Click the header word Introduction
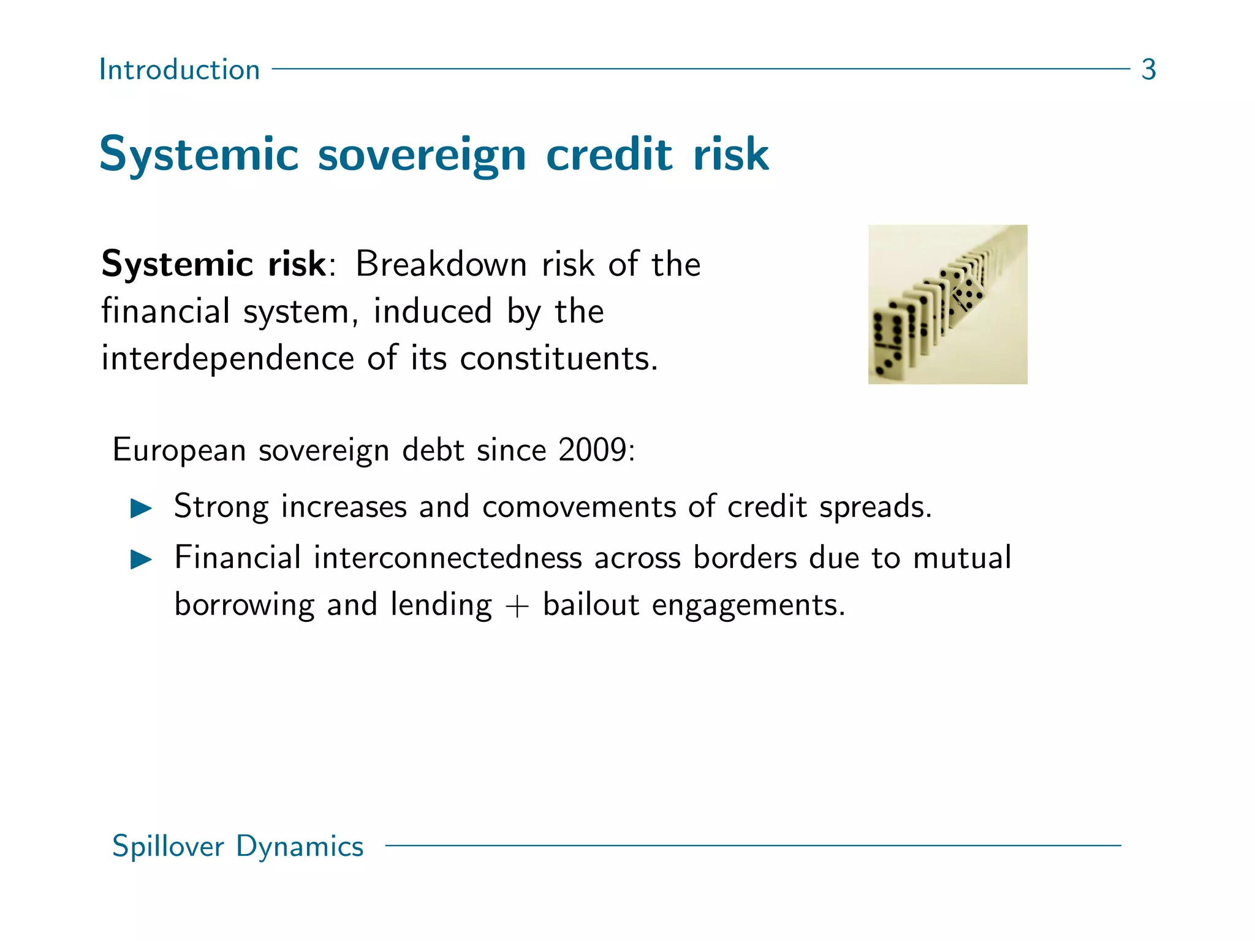click(179, 69)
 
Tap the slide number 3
click(1148, 69)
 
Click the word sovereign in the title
click(422, 154)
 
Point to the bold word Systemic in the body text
click(177, 265)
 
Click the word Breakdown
click(441, 265)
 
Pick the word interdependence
click(227, 358)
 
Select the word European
click(179, 450)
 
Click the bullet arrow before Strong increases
click(141, 508)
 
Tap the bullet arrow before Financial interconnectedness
click(141, 559)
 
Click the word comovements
click(579, 507)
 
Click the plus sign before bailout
click(517, 607)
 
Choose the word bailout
click(591, 605)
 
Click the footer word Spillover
click(168, 847)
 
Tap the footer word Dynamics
click(300, 847)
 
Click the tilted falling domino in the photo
click(966, 294)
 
